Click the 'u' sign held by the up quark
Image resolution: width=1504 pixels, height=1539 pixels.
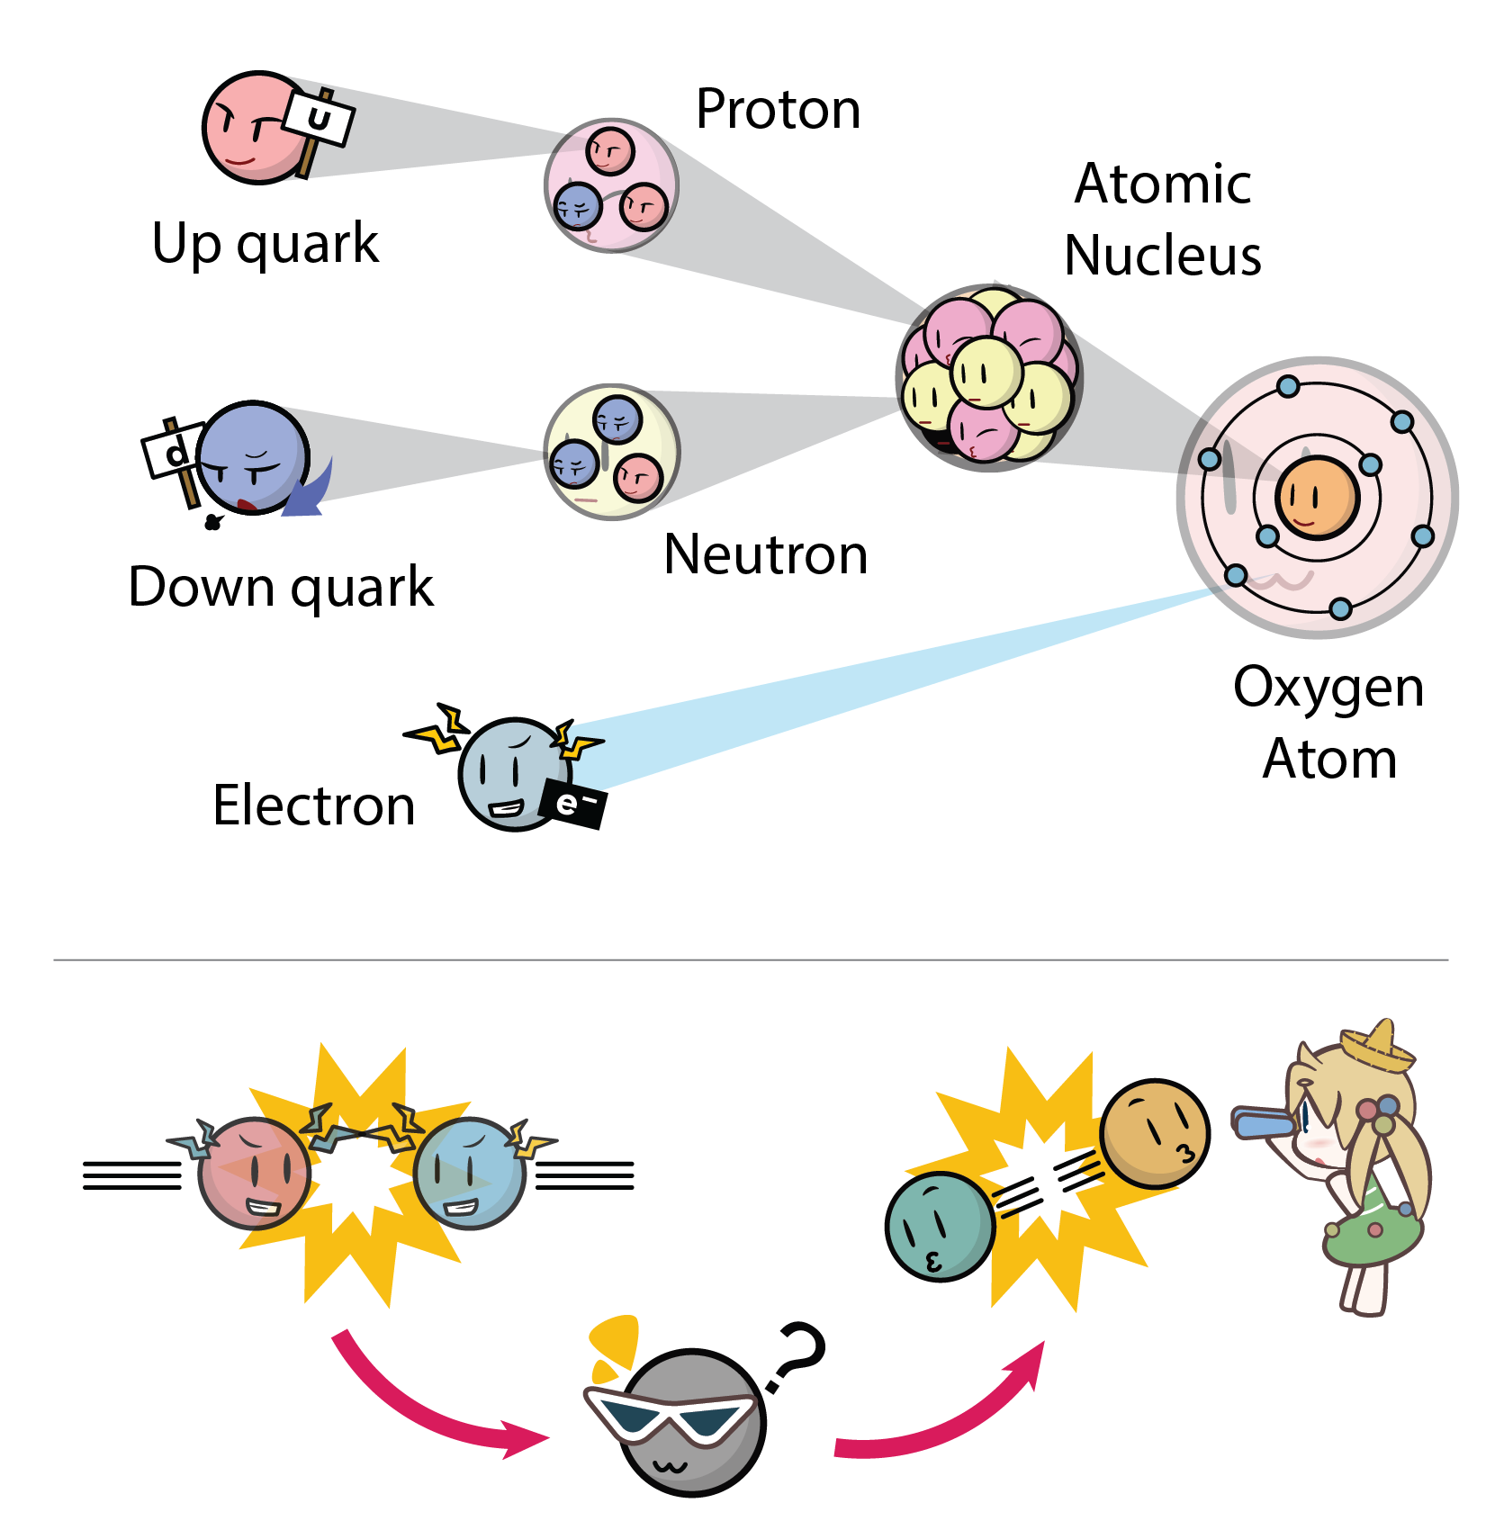pos(320,117)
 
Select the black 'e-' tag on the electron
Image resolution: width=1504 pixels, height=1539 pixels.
pos(572,803)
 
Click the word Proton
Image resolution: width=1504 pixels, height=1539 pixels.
pos(778,110)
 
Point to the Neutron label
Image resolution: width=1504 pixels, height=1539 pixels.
pos(765,554)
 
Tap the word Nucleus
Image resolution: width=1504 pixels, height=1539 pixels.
pos(1162,256)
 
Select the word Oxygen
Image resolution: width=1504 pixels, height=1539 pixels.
pos(1328,688)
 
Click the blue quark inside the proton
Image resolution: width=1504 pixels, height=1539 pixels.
pos(577,207)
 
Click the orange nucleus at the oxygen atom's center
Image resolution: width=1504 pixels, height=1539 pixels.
pos(1317,498)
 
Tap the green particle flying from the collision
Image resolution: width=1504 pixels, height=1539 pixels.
pos(939,1226)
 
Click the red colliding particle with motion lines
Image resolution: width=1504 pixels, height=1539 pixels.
pos(254,1173)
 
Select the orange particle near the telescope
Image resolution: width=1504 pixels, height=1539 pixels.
pos(1155,1132)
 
